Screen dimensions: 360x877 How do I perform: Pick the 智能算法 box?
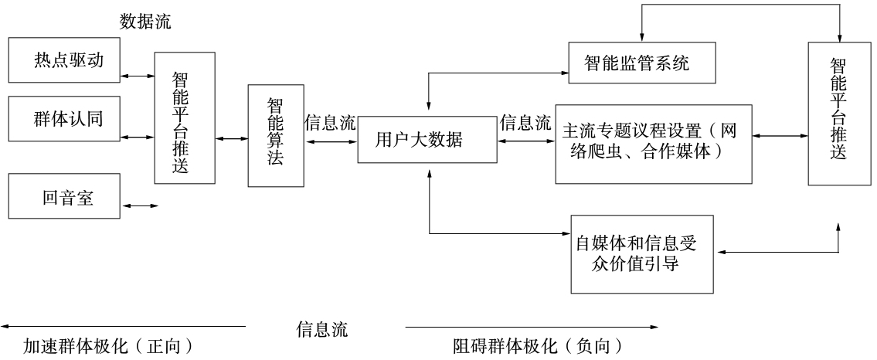(x=275, y=136)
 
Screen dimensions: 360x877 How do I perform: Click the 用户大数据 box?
(x=427, y=141)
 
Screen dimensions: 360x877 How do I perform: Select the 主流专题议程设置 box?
(x=653, y=144)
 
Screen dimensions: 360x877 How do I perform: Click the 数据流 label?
(x=145, y=22)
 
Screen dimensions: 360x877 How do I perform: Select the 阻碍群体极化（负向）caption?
(x=537, y=345)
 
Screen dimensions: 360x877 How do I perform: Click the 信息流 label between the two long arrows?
(x=322, y=330)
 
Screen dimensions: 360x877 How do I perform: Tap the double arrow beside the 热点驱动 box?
(x=137, y=76)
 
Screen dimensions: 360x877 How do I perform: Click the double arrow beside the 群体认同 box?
(x=137, y=138)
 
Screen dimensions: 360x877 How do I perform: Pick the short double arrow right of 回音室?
(x=141, y=206)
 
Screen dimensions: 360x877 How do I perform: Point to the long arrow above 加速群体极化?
(x=124, y=327)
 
